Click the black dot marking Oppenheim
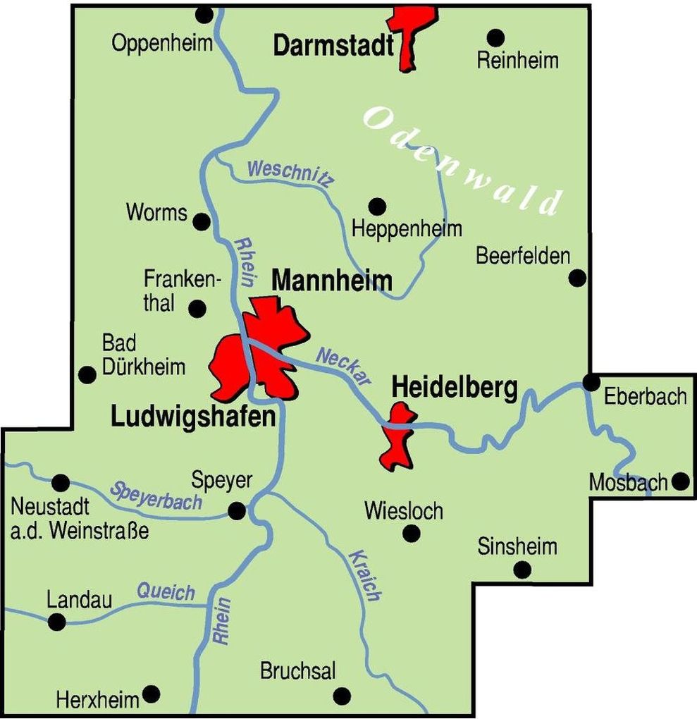tap(204, 14)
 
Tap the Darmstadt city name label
tap(333, 46)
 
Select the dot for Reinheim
tap(496, 37)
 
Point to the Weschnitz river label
tap(290, 173)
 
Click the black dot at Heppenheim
tap(377, 206)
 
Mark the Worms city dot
tap(202, 221)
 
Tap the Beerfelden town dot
tap(577, 278)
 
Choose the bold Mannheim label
tap(331, 281)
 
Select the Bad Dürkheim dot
tap(87, 374)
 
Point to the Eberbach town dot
tap(591, 383)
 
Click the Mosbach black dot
tap(680, 481)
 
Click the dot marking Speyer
tap(238, 510)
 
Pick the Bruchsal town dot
tap(342, 696)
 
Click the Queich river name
tap(166, 592)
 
